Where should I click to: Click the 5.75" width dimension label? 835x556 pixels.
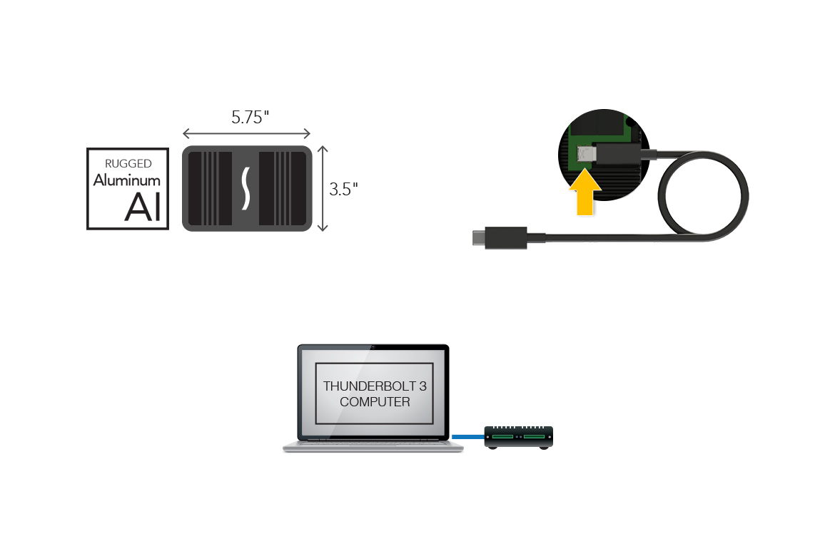coord(249,118)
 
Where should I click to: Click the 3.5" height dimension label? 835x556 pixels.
coord(343,190)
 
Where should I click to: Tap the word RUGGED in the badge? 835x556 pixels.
coord(128,164)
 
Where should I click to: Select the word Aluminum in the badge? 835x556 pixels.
coord(127,180)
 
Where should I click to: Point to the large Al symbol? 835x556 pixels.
coord(143,207)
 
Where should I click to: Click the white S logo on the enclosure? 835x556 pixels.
coord(246,189)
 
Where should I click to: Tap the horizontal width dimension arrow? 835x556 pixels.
coord(246,133)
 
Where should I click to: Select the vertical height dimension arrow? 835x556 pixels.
coord(323,189)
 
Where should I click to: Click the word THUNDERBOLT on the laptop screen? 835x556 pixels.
coord(364,386)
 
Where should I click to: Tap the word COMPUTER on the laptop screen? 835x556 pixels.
coord(375,402)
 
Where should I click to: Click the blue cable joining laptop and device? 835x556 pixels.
coord(468,436)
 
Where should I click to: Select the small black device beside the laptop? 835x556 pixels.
coord(519,436)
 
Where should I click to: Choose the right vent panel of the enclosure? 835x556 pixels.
coord(282,189)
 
